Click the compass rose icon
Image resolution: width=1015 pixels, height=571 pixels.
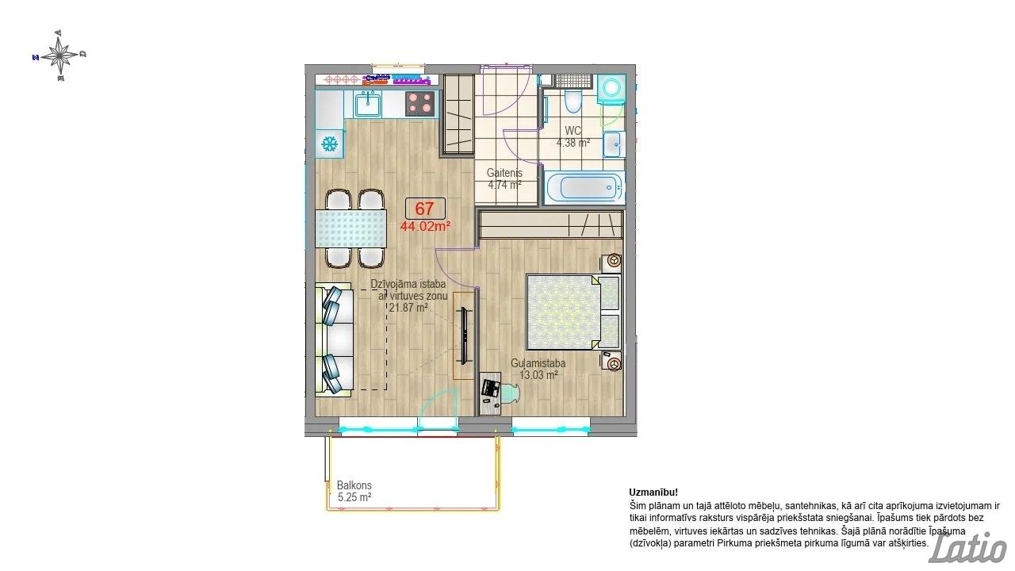click(59, 56)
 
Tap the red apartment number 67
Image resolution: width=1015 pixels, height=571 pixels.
click(424, 209)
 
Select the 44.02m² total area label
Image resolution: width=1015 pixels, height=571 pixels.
click(425, 226)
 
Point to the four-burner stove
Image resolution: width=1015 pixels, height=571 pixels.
click(420, 103)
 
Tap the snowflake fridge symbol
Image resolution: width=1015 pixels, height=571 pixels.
click(329, 144)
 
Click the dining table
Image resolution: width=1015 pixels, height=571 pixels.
click(351, 228)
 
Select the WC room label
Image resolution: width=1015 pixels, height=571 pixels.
click(573, 131)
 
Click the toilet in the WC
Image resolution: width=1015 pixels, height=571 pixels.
click(573, 101)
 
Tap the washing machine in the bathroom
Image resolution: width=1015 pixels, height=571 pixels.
click(611, 88)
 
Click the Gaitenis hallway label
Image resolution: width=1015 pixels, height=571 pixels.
click(504, 173)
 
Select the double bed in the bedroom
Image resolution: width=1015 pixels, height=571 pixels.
click(573, 312)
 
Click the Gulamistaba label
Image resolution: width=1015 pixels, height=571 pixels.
click(538, 363)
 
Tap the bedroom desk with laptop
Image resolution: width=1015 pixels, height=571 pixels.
click(491, 393)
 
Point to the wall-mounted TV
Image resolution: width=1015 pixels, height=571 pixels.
click(464, 335)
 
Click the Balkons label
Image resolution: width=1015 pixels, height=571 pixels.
click(354, 485)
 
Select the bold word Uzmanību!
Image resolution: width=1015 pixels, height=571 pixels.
click(653, 492)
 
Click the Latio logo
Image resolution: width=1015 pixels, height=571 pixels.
click(968, 549)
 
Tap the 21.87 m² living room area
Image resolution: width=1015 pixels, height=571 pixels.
click(408, 308)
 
